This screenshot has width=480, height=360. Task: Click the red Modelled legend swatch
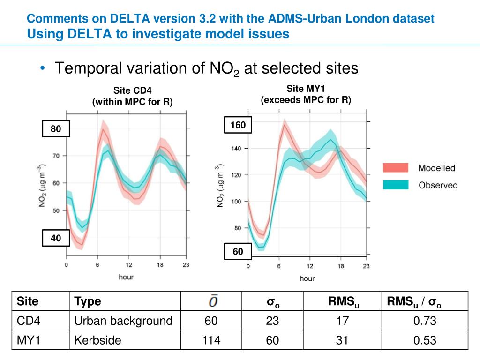click(396, 168)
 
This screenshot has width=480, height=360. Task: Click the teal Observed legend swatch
click(396, 185)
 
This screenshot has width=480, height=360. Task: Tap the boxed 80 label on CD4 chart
click(56, 129)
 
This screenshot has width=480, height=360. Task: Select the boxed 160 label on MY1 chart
click(238, 125)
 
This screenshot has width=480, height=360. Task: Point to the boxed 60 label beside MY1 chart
click(238, 252)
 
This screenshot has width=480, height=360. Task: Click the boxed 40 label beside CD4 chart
click(56, 238)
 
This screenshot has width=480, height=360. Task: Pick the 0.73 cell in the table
click(425, 321)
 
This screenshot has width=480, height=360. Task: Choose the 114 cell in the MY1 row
click(211, 340)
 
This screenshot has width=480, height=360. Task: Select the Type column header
click(88, 301)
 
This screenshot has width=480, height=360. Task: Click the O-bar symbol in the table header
click(213, 301)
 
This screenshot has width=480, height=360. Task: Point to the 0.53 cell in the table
click(425, 340)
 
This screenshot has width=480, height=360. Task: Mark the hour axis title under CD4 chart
click(126, 277)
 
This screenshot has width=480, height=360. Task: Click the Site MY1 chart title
click(306, 89)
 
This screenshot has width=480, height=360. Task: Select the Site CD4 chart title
click(133, 90)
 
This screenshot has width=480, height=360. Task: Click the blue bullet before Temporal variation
click(43, 69)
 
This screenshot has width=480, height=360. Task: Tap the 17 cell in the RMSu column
click(343, 321)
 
